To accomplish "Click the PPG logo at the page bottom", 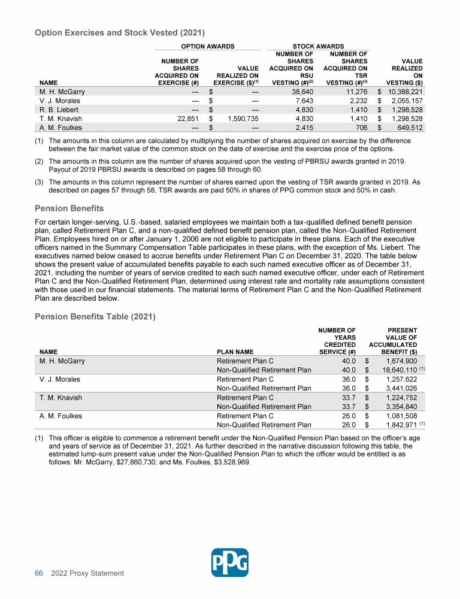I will point(230,562).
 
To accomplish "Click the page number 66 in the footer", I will point(38,573).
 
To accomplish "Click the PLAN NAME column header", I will point(235,352).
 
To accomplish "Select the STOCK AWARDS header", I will point(318,46).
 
